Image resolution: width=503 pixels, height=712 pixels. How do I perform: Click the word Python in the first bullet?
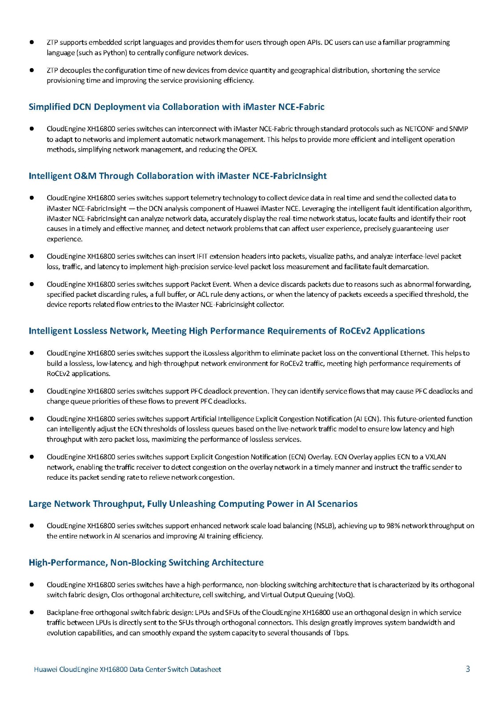coord(115,53)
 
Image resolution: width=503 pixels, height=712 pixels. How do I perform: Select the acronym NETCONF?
coord(418,129)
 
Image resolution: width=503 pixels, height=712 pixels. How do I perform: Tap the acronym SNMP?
coord(459,129)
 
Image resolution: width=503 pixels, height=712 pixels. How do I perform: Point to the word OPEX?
coord(247,150)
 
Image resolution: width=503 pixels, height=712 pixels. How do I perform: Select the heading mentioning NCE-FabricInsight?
coord(177,176)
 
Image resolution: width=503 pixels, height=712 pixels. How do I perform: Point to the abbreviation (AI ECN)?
coord(367,419)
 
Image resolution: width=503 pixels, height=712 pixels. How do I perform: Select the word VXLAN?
coord(435,457)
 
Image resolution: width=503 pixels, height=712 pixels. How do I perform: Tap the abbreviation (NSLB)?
coord(325,526)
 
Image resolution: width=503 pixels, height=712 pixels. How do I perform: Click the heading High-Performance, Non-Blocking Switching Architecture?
coord(146,563)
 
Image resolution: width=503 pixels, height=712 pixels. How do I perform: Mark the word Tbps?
coord(340,633)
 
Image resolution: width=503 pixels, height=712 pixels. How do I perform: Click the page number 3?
coord(467,669)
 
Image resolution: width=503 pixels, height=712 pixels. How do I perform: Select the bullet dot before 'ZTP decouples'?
coord(32,70)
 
